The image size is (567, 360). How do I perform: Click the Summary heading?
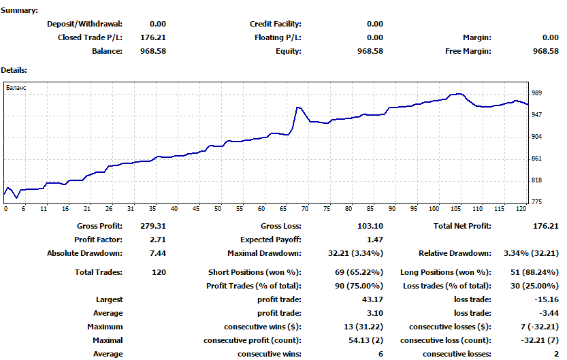(x=20, y=10)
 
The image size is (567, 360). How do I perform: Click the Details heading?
(x=14, y=69)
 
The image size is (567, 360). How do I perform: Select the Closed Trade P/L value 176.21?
(x=153, y=37)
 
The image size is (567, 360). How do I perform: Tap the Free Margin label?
(x=468, y=51)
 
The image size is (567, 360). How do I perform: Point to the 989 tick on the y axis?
(x=537, y=93)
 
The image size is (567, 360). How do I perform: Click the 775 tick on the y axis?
(x=537, y=202)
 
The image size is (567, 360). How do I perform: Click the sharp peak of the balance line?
(x=297, y=108)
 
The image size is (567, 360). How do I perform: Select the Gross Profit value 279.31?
(x=153, y=226)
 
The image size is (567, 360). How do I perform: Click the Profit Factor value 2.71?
(x=158, y=240)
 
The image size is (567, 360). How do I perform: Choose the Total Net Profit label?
(x=462, y=226)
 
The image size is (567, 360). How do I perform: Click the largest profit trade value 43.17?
(x=372, y=299)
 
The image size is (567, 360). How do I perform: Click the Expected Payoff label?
(x=270, y=240)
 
